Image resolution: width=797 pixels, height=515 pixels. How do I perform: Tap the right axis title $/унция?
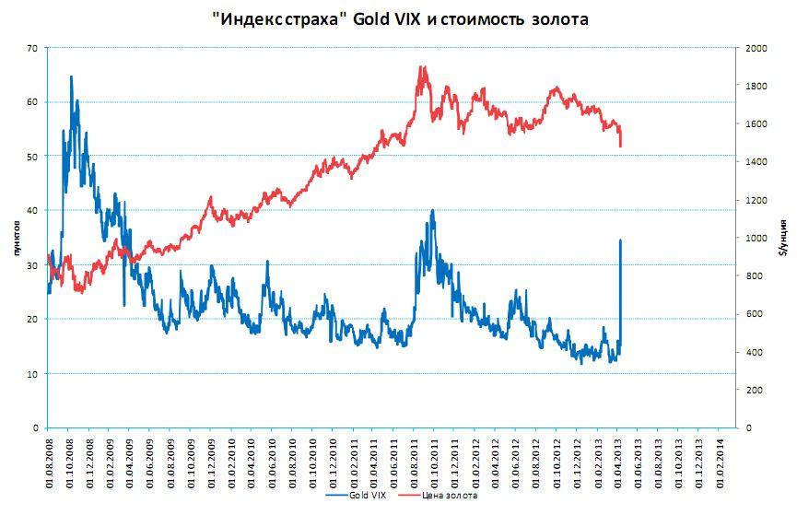(x=782, y=238)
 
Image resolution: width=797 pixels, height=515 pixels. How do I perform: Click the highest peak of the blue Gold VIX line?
(x=71, y=77)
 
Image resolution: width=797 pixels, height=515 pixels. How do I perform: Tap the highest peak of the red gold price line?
(x=421, y=67)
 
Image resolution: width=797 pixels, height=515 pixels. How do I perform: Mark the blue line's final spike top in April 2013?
(x=620, y=240)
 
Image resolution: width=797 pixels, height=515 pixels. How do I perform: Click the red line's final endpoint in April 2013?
(x=620, y=146)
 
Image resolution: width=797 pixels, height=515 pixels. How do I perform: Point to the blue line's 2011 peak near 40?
(x=432, y=211)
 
